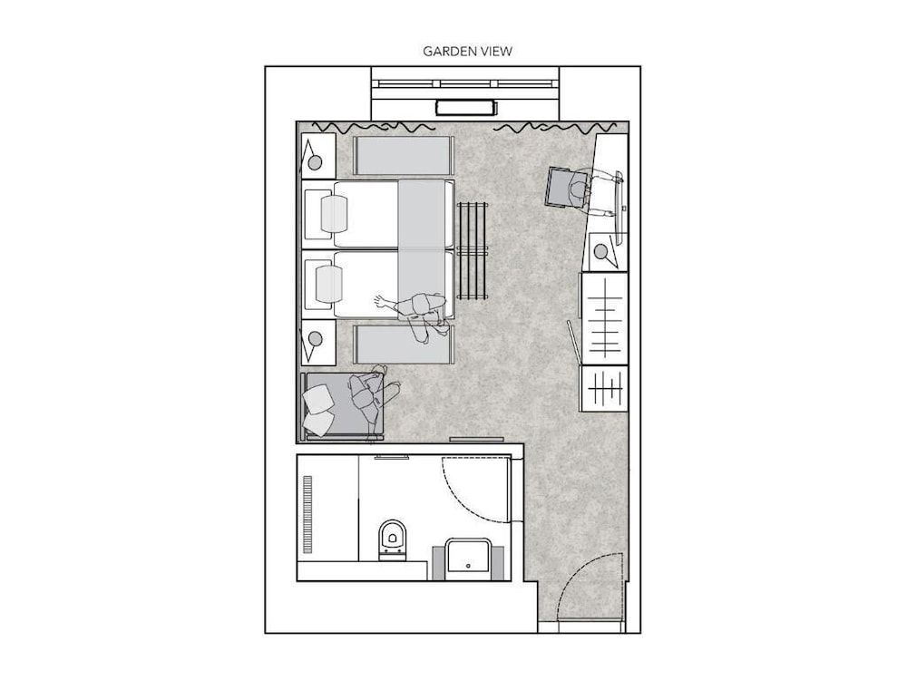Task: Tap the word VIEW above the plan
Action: [x=496, y=52]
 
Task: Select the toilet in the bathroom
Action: [x=392, y=537]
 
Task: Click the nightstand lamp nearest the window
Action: [x=315, y=163]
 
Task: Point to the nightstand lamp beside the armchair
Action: [x=315, y=338]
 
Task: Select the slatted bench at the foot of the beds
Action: [x=473, y=251]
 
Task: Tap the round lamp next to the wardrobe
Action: [x=600, y=251]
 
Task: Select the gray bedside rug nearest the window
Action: [x=402, y=155]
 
